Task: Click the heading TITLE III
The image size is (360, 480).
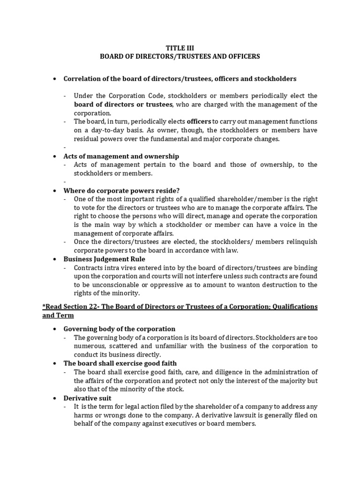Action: pyautogui.click(x=180, y=47)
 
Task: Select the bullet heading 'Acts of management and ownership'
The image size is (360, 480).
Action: pyautogui.click(x=121, y=156)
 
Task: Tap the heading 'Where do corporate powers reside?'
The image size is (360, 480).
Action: pyautogui.click(x=121, y=190)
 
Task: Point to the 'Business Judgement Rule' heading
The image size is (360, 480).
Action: pyautogui.click(x=104, y=259)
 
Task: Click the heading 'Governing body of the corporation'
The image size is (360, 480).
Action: pyautogui.click(x=119, y=329)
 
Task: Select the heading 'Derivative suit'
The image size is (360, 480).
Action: pyautogui.click(x=87, y=398)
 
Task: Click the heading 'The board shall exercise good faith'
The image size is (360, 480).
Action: pyautogui.click(x=120, y=363)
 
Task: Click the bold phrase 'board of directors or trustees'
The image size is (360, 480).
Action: pyautogui.click(x=123, y=105)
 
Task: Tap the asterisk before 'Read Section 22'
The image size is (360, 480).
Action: pyautogui.click(x=44, y=306)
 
